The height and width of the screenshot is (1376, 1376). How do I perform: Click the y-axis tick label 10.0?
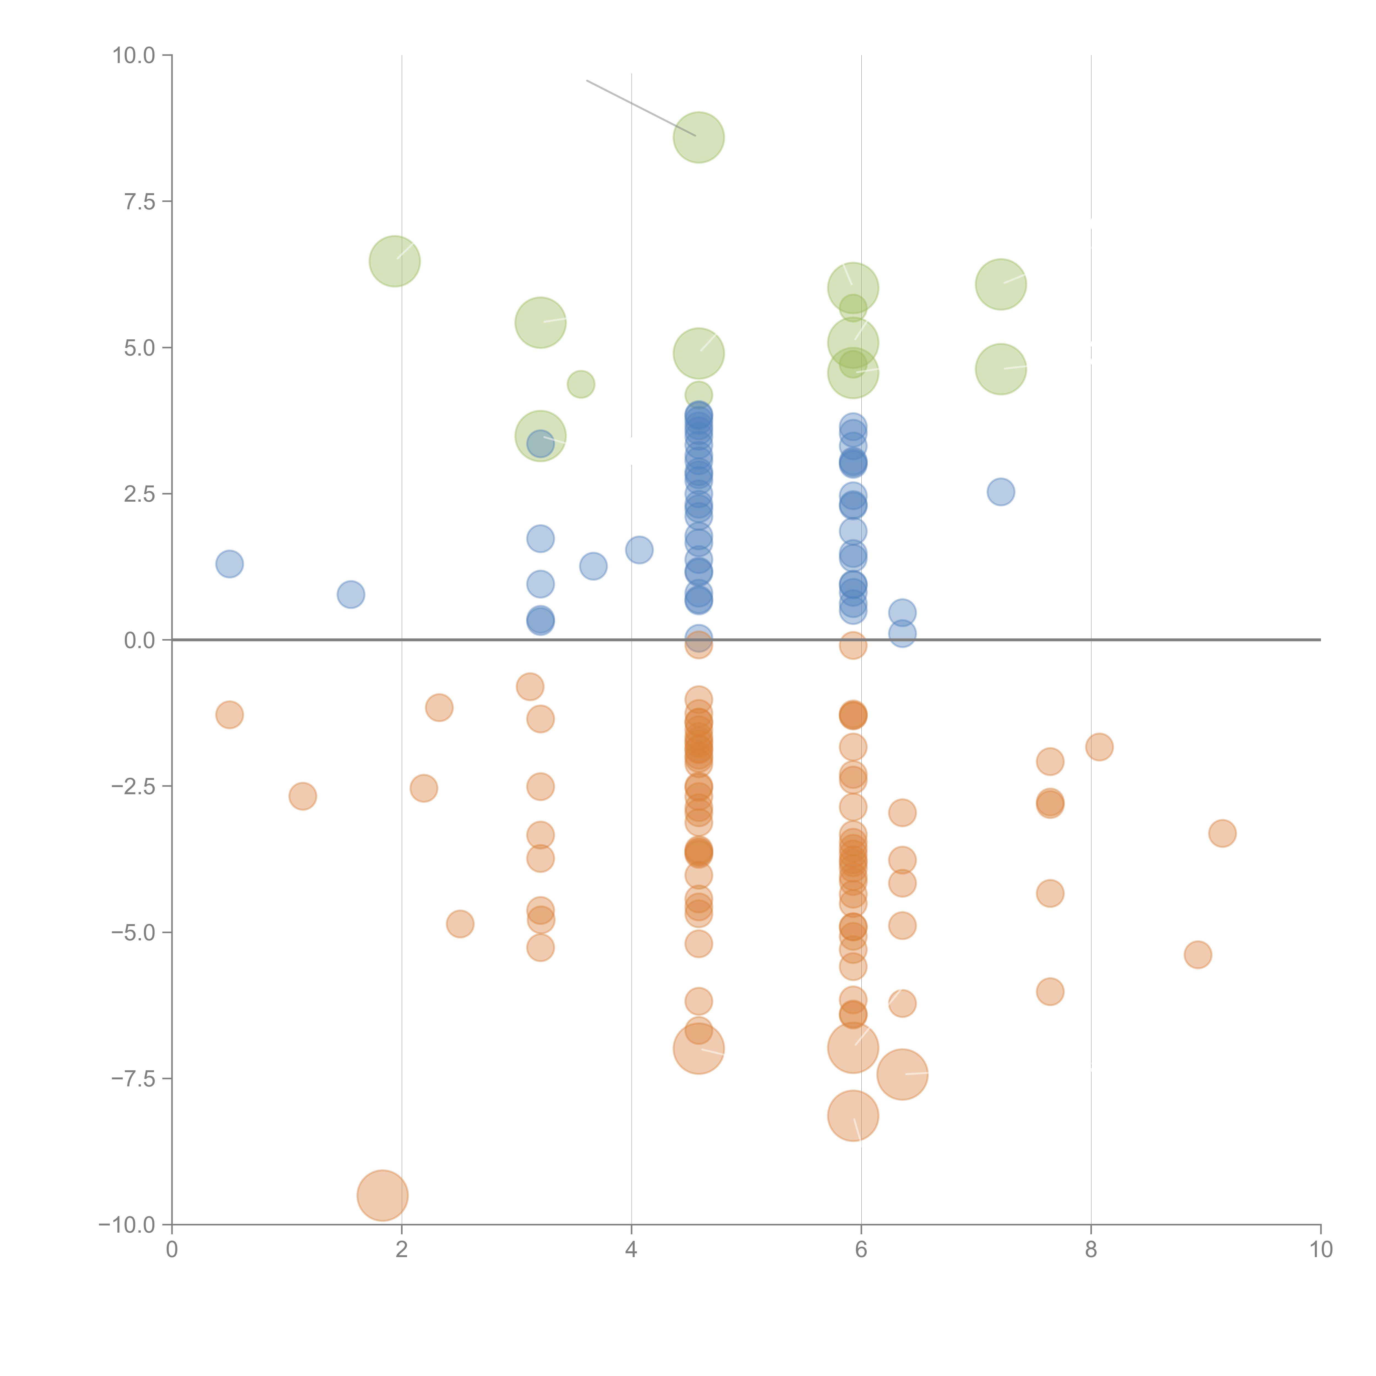(134, 56)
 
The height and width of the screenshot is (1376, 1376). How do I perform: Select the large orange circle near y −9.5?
(383, 1196)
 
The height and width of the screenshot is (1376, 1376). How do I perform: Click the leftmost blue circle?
(229, 564)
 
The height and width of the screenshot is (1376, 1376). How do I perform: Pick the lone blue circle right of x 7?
(1001, 492)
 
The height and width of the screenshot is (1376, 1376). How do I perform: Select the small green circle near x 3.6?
(580, 385)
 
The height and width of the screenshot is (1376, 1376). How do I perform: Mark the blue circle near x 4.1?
(639, 550)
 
